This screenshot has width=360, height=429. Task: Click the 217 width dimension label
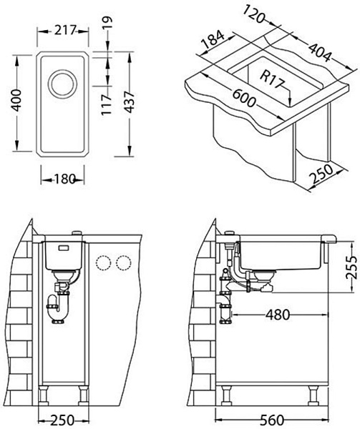pos(64,30)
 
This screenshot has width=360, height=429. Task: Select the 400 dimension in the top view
pos(17,100)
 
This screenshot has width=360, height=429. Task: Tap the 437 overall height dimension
pos(129,102)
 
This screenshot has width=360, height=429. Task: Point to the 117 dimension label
pos(106,104)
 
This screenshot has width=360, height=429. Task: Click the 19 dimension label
pos(107,24)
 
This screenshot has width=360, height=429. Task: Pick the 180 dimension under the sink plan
pos(65,179)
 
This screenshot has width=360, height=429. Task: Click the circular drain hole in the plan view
pos(62,84)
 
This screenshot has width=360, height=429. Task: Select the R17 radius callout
pos(273,79)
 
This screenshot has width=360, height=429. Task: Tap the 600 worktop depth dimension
pos(244,98)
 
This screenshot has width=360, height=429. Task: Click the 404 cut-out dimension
pos(320,52)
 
